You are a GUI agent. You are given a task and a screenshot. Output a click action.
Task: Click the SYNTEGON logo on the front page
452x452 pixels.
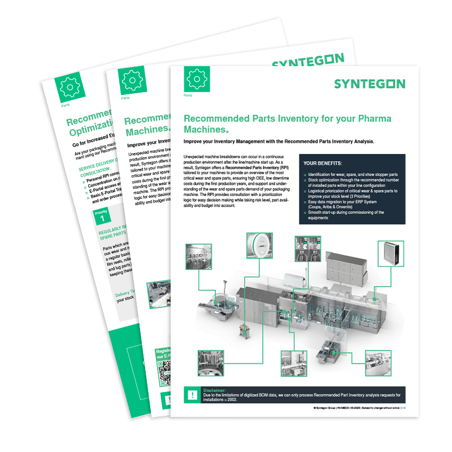tap(369, 84)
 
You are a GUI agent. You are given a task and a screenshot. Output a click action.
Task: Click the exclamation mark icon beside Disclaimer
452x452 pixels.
tap(194, 394)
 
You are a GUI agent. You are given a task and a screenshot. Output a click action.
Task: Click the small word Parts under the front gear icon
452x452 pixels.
tap(188, 95)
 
